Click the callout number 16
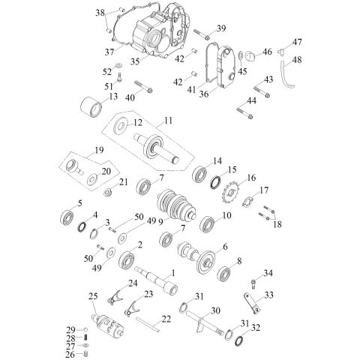[x=252, y=178]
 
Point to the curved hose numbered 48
[x=286, y=76]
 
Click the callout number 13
[x=113, y=97]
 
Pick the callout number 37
[x=109, y=51]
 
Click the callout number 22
[x=166, y=320]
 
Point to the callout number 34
[x=268, y=272]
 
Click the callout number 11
[x=168, y=120]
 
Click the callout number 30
[x=215, y=310]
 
